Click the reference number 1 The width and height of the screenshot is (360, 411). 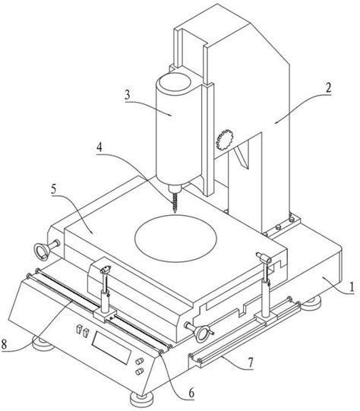pyautogui.click(x=352, y=286)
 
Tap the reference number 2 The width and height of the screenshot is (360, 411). pyautogui.click(x=328, y=87)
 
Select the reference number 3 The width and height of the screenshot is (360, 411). pyautogui.click(x=128, y=95)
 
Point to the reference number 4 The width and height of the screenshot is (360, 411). pyautogui.click(x=99, y=147)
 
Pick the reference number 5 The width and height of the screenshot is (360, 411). pyautogui.click(x=54, y=189)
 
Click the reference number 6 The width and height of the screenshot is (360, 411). pyautogui.click(x=191, y=394)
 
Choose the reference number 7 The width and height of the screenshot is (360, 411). pyautogui.click(x=251, y=363)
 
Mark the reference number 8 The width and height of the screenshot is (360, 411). pyautogui.click(x=4, y=343)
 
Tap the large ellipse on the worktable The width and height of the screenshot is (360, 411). pyautogui.click(x=175, y=239)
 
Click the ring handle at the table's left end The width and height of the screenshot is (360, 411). pyautogui.click(x=42, y=251)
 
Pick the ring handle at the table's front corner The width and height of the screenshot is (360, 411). pyautogui.click(x=202, y=334)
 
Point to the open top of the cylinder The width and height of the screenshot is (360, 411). pyautogui.click(x=175, y=82)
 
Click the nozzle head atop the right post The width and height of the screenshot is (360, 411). pyautogui.click(x=264, y=257)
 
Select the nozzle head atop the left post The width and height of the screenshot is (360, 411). pyautogui.click(x=106, y=270)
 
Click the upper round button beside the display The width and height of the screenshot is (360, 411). pyautogui.click(x=140, y=361)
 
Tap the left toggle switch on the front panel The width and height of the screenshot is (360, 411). pyautogui.click(x=78, y=329)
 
